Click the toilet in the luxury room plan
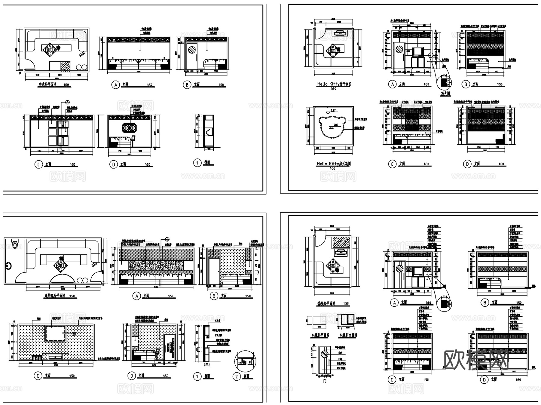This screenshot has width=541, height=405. [14, 243]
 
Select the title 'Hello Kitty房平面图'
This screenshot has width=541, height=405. [334, 84]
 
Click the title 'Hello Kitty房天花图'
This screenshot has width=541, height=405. [333, 164]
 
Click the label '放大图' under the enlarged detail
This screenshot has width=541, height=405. [445, 94]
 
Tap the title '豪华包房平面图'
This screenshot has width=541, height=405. [54, 296]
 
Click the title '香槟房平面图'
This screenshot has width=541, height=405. [326, 303]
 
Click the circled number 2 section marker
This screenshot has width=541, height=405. [237, 376]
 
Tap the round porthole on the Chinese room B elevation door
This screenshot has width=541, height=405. [191, 49]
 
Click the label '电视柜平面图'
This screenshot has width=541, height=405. [320, 335]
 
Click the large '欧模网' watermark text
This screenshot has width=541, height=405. [476, 360]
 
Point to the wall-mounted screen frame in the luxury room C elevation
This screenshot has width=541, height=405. [56, 333]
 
